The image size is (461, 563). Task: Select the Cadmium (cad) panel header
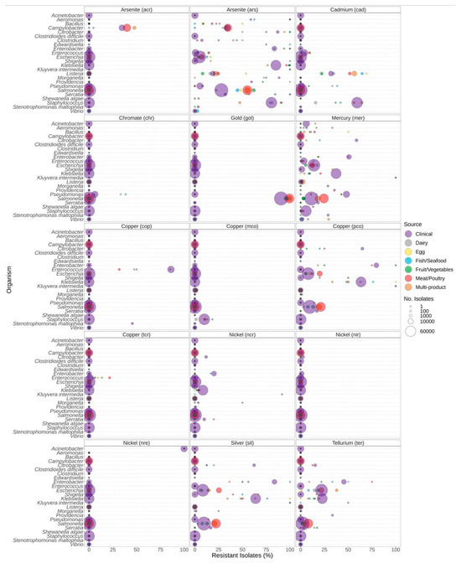click(x=345, y=9)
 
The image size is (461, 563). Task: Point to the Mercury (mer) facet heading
click(x=345, y=116)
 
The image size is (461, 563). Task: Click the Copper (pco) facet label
click(x=345, y=226)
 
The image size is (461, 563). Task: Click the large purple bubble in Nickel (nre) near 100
click(x=184, y=448)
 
